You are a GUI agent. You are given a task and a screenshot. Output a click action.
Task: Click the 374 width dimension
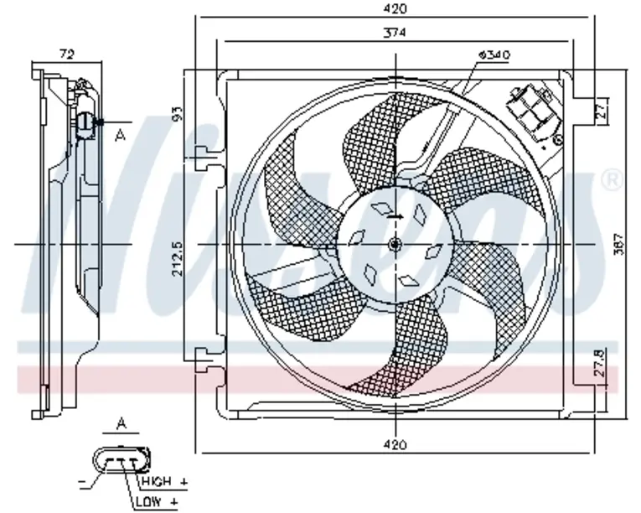[x=395, y=33]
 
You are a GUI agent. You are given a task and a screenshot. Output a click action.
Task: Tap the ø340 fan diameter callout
[x=494, y=54]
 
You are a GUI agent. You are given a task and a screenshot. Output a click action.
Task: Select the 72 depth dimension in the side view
[x=67, y=54]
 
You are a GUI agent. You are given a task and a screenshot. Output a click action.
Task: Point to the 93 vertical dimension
[x=178, y=114]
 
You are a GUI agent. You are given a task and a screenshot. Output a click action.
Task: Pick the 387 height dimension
[x=619, y=244]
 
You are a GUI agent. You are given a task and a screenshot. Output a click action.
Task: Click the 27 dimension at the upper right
[x=602, y=110]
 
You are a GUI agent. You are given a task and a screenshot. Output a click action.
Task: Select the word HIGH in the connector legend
[x=156, y=481]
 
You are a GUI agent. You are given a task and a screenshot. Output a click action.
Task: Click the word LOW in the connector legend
[x=148, y=501]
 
